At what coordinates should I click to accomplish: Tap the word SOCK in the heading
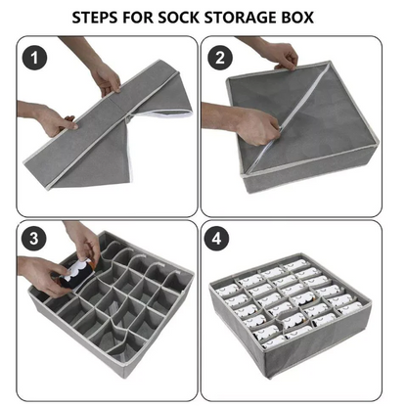coord(195,17)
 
